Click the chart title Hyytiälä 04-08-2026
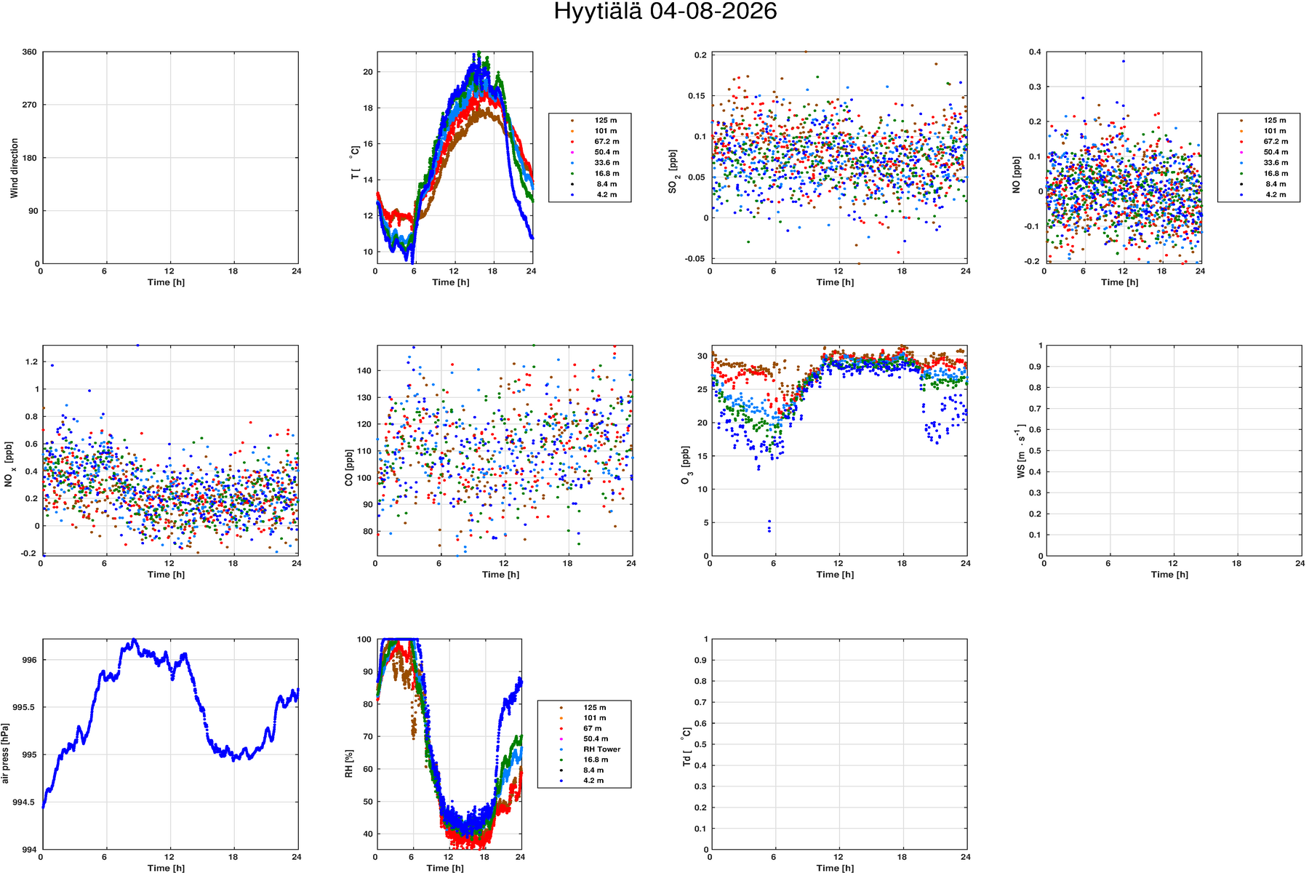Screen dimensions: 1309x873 (665, 12)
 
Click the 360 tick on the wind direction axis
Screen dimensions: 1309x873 (29, 52)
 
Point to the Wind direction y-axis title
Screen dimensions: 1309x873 (15, 168)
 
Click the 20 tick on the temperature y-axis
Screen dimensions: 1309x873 (367, 72)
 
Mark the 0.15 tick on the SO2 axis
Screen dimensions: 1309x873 (697, 96)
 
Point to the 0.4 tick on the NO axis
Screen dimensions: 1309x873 (1034, 52)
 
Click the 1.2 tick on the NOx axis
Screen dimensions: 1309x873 (31, 362)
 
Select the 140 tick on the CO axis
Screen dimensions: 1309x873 (364, 371)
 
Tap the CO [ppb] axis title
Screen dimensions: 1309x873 (349, 468)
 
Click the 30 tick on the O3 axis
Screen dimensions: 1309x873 (702, 356)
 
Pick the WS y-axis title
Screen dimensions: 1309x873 (1021, 452)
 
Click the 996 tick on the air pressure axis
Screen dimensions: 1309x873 (29, 661)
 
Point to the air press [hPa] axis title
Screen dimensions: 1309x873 (6, 753)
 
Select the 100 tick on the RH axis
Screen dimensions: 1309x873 (364, 639)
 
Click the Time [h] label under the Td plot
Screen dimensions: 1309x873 (835, 868)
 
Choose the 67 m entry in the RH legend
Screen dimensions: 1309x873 (592, 728)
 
